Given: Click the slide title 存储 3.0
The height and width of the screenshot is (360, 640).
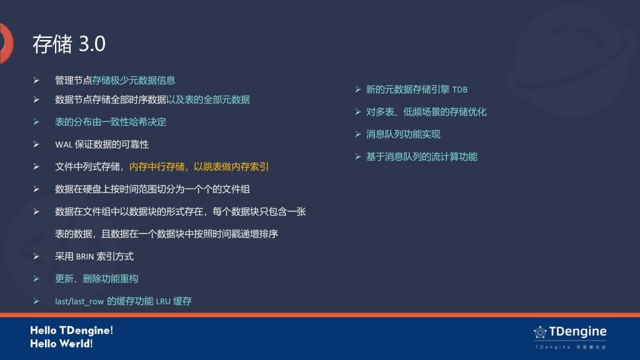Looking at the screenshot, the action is [69, 44].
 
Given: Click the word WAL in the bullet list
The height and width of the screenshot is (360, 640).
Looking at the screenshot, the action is [64, 144].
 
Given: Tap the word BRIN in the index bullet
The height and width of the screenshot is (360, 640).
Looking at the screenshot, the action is [85, 257].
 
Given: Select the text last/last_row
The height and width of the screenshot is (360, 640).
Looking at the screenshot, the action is [79, 301].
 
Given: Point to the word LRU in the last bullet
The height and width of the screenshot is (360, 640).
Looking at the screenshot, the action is [163, 301].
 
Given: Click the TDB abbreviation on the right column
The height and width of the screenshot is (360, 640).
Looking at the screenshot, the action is [460, 90].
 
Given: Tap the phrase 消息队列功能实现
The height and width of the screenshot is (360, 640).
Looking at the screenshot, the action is [403, 134].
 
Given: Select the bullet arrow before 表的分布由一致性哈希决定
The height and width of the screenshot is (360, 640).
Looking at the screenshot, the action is [36, 122].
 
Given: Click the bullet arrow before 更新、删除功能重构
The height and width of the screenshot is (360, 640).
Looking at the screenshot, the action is [36, 279].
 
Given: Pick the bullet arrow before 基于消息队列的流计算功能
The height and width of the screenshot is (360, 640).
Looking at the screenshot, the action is [358, 157].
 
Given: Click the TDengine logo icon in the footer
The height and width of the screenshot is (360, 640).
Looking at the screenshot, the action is [540, 332].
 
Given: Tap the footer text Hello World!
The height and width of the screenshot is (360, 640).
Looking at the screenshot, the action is [61, 344].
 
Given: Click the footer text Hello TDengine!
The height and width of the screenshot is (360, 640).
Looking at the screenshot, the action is [71, 330].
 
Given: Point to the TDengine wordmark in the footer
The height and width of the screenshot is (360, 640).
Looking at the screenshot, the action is [577, 331].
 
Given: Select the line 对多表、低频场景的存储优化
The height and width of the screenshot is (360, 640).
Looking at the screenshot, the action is [426, 112].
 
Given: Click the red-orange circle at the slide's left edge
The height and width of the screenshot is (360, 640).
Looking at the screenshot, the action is [6, 44].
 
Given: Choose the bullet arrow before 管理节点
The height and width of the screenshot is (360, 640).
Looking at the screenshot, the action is [36, 81].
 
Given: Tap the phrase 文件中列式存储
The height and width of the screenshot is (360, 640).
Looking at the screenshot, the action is [87, 166].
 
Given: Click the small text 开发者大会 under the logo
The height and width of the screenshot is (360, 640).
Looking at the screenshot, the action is [591, 347].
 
